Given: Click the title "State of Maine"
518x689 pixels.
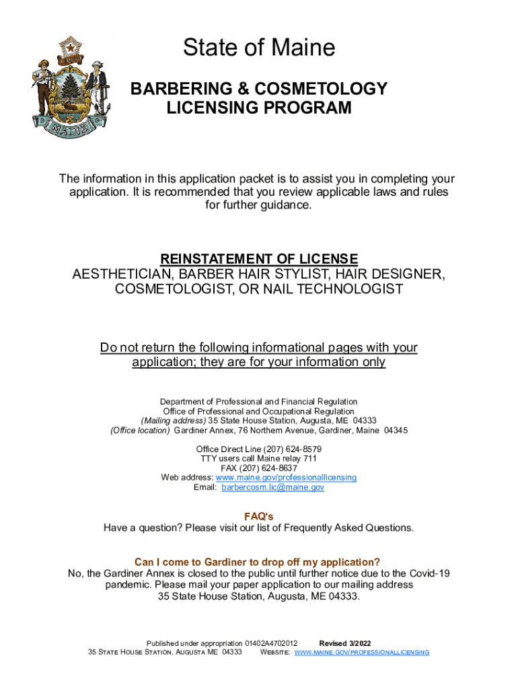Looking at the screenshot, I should (259, 48).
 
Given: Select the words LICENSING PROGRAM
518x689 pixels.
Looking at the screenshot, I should (259, 108).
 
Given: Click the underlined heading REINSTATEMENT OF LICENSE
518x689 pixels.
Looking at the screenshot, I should (259, 259).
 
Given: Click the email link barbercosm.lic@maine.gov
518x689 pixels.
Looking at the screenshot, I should (273, 487).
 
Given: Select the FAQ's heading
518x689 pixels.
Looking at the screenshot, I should (259, 516).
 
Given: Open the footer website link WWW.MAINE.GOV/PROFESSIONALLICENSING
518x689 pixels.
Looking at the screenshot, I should (362, 653).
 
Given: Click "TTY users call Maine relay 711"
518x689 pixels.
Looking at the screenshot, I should (259, 458).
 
